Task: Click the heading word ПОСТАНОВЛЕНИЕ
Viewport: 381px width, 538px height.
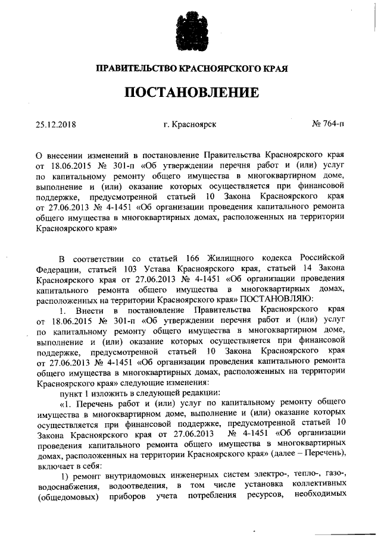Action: coord(191,93)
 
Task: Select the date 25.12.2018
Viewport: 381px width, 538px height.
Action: coord(56,124)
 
